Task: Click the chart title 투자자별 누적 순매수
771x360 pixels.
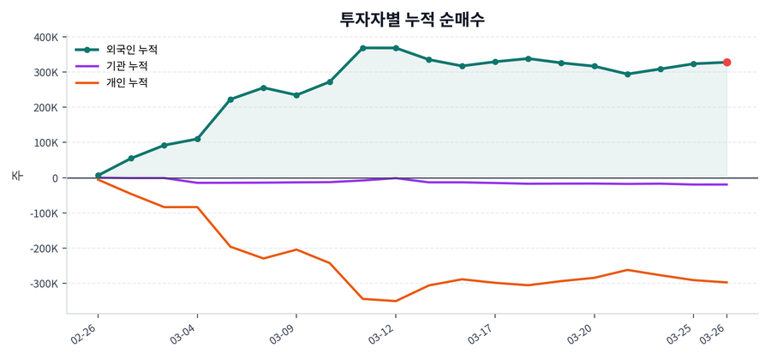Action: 412,19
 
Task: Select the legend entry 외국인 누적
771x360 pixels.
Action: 126,50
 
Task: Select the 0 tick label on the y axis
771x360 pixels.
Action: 54,178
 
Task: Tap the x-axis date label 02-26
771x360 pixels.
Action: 87,333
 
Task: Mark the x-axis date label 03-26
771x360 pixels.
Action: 715,333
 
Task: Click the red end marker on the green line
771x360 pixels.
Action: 726,63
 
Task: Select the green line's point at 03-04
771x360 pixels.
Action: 197,139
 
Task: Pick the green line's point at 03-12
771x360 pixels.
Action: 396,48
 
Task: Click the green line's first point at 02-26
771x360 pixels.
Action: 99,176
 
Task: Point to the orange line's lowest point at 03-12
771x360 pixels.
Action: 396,301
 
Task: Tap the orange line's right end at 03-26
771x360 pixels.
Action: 726,282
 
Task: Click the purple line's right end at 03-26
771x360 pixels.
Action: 726,184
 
